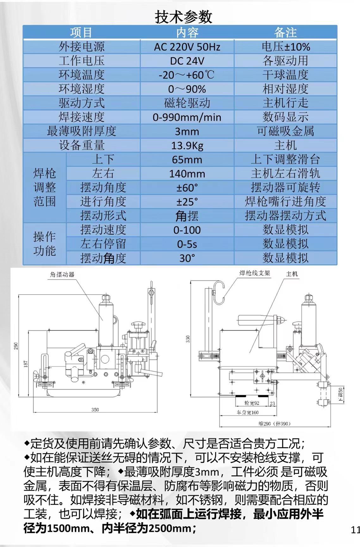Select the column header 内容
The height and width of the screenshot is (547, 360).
coord(187,32)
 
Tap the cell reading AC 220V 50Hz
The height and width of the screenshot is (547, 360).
coord(187,47)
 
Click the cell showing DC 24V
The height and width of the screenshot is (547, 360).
coord(187,61)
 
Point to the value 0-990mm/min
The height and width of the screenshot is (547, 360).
coord(187,117)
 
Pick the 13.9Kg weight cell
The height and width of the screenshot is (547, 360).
coord(187,146)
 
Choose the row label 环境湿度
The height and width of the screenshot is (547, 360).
coord(81,89)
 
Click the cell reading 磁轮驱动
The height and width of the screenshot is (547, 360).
coord(187,103)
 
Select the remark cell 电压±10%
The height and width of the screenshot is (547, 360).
coord(285,47)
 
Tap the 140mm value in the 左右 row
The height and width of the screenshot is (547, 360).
coord(187,174)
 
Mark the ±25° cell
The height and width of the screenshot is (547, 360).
coord(187,202)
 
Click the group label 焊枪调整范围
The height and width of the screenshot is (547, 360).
coord(45,187)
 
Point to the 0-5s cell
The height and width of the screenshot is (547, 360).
coord(187,244)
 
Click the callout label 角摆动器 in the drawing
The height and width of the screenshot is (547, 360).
coord(62,274)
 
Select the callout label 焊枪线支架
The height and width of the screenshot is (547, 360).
coord(254,273)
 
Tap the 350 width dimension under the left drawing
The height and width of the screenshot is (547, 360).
coord(95,410)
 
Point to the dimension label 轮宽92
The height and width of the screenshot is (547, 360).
coord(252,403)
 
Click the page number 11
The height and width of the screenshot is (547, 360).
coord(355,530)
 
